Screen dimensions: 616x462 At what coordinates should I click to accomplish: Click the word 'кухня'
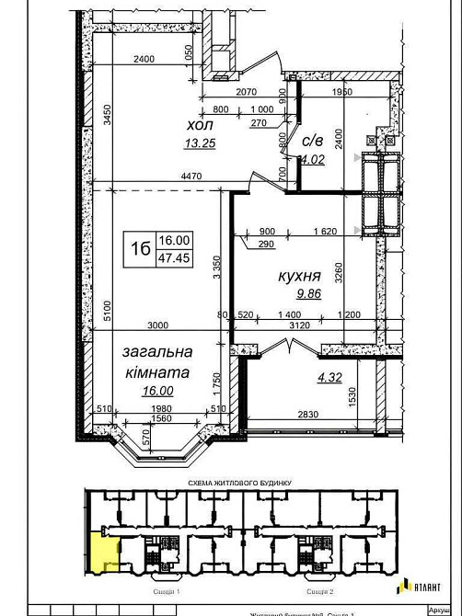(300, 275)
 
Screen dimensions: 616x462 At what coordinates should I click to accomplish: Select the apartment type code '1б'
(139, 247)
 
